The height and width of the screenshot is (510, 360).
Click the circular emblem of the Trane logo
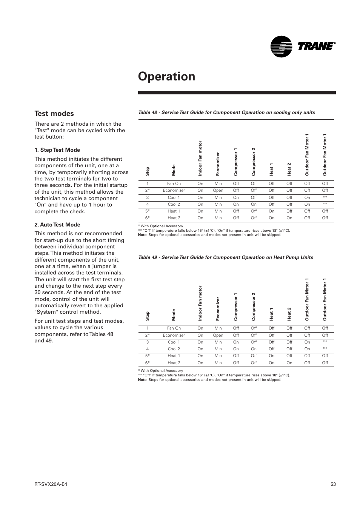pos(281,46)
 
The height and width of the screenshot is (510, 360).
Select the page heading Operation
pos(166,76)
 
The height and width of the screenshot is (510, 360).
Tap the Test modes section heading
pos(54,114)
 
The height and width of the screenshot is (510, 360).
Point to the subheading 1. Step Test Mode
pos(57,150)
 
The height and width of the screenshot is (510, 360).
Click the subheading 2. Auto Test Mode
pos(57,225)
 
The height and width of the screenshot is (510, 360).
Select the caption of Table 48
pos(226,112)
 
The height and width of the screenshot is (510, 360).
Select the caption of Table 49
pos(225,257)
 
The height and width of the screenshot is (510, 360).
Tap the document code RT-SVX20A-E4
pos(51,484)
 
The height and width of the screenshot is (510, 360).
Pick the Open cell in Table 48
pos(218,191)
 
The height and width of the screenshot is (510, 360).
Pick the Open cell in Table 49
pos(218,335)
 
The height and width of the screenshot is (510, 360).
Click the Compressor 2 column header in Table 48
pos(254,162)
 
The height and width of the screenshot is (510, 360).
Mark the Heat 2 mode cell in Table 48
pos(174,218)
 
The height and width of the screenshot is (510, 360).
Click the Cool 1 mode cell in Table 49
pos(174,342)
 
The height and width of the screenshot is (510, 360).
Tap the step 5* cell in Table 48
pos(148,211)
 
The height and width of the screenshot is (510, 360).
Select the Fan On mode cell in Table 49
pos(174,328)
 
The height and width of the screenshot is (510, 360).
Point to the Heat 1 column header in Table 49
pos(271,314)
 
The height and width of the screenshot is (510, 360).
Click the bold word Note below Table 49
pos(142,380)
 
